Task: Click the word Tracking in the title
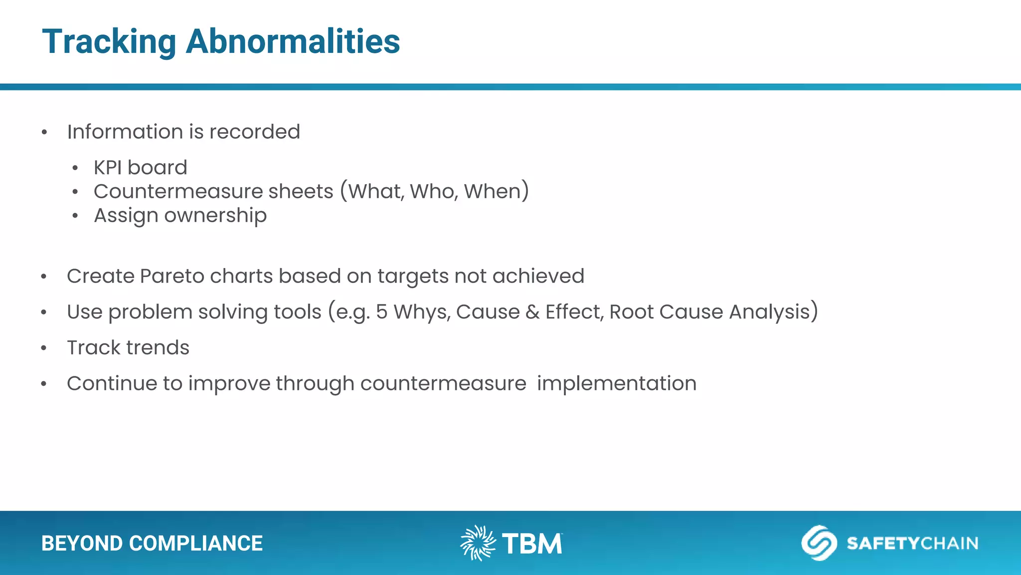point(109,42)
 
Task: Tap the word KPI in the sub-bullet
point(108,168)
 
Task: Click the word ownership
point(215,216)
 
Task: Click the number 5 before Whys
point(381,312)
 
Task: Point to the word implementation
point(616,384)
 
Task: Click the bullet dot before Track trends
point(44,348)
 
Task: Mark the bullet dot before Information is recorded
point(44,132)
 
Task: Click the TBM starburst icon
point(477,543)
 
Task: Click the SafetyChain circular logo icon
point(819,543)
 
